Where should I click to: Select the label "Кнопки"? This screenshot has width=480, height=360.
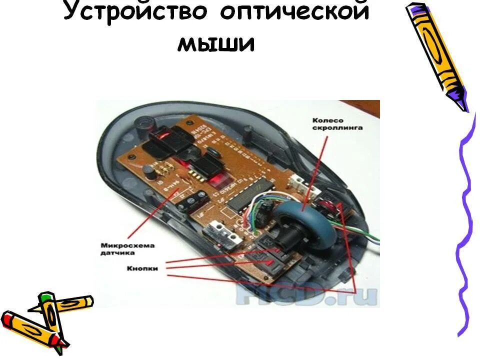[143, 268]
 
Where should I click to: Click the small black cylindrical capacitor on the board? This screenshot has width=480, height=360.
[148, 172]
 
